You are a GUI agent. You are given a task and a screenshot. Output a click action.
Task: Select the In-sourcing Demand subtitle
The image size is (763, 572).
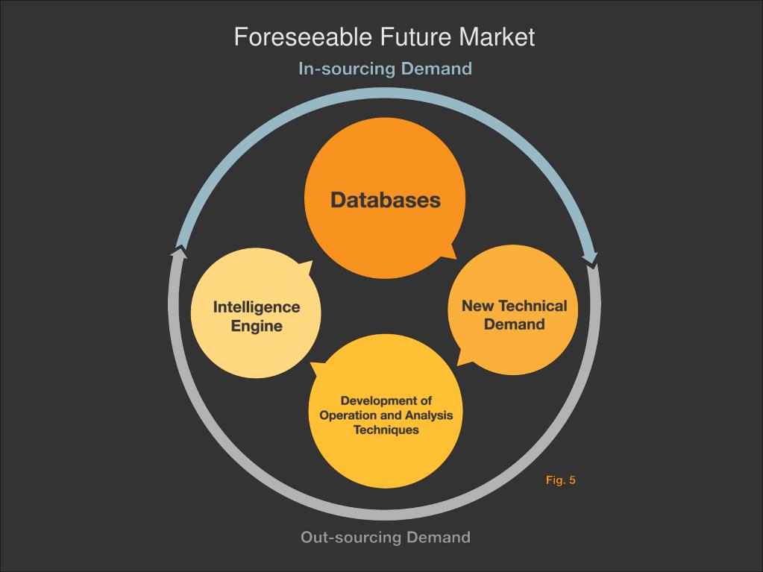click(385, 69)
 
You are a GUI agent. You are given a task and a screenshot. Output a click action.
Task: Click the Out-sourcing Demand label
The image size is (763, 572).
click(385, 537)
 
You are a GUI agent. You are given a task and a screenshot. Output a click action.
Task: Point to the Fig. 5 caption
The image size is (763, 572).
click(560, 480)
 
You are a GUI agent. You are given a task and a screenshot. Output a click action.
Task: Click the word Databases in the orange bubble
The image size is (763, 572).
click(385, 200)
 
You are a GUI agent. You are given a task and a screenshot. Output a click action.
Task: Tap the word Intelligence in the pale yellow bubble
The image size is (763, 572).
click(257, 307)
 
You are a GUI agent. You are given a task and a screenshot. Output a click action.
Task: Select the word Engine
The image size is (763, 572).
click(257, 326)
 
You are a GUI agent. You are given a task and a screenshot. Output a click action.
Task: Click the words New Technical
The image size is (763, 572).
click(514, 306)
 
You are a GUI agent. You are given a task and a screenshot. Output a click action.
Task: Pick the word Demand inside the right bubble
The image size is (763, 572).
click(514, 324)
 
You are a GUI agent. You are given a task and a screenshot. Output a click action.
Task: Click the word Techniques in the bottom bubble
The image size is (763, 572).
click(386, 430)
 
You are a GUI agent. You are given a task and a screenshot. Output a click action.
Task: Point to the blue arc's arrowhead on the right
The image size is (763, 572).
click(591, 258)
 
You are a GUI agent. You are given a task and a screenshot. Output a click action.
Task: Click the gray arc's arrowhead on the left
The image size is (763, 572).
click(178, 253)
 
